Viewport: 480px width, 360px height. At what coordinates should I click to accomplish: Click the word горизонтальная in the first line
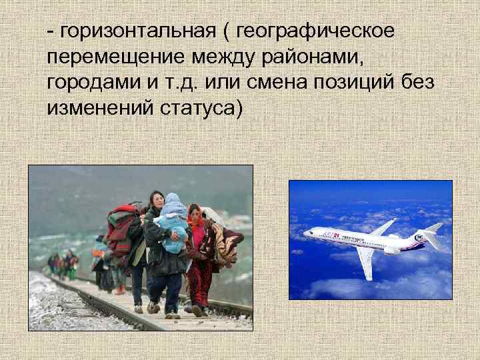tap(136, 31)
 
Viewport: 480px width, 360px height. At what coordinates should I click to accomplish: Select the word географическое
tap(315, 31)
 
